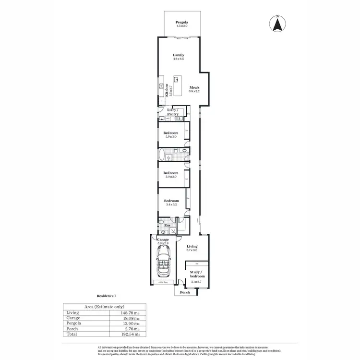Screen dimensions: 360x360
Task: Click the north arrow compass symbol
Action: coord(277,24)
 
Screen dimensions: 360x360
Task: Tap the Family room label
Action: coord(179,55)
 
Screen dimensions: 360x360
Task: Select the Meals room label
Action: coord(194,87)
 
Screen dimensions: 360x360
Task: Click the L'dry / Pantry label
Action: coord(173,112)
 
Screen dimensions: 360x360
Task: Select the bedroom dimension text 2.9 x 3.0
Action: coord(170,137)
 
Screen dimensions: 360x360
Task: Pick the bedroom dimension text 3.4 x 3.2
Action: coord(171,204)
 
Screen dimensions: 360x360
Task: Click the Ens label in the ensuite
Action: coord(168,225)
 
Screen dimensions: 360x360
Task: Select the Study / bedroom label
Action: coord(197,274)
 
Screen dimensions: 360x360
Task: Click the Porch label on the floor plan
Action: coord(185,292)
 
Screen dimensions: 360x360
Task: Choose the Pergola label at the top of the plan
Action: coord(181,23)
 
